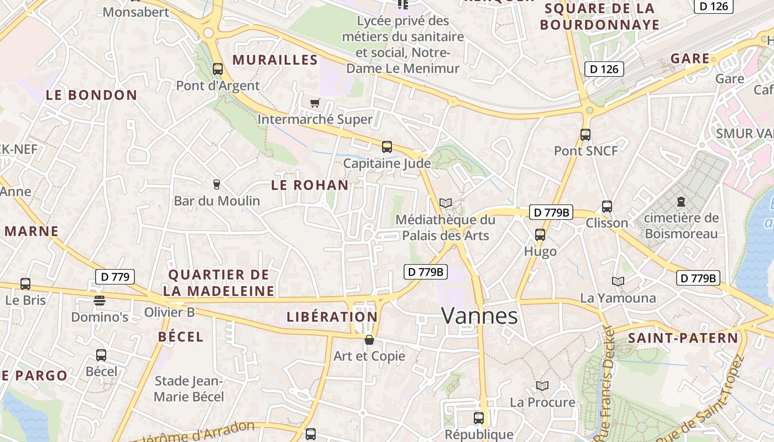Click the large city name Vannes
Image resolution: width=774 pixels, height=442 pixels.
(479, 315)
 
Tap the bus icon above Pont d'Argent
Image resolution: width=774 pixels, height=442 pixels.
(218, 69)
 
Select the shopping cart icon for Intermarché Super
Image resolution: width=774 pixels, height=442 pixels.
(315, 103)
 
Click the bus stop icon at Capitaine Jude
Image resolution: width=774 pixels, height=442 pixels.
(387, 147)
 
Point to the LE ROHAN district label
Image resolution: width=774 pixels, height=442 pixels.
(310, 185)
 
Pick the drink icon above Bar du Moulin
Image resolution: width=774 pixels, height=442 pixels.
(217, 184)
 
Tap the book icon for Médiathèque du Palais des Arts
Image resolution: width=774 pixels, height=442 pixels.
(446, 203)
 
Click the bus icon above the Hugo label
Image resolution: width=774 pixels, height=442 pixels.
(540, 235)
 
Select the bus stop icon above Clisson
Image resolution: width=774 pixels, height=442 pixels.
(607, 207)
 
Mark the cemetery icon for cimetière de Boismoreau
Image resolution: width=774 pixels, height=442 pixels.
(681, 202)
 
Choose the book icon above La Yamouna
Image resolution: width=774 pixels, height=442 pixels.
(618, 282)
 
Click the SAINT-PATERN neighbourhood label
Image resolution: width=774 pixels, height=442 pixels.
(683, 338)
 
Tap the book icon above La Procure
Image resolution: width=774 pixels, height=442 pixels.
(542, 386)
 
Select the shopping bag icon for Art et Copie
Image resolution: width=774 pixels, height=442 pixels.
(369, 340)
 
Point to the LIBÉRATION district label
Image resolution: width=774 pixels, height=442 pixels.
(332, 317)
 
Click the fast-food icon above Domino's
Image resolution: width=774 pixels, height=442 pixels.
(100, 301)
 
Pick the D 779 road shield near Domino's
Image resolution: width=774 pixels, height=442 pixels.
(115, 277)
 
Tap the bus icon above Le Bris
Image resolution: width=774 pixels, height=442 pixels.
(25, 284)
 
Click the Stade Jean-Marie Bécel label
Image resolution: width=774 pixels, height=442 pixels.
(189, 389)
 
